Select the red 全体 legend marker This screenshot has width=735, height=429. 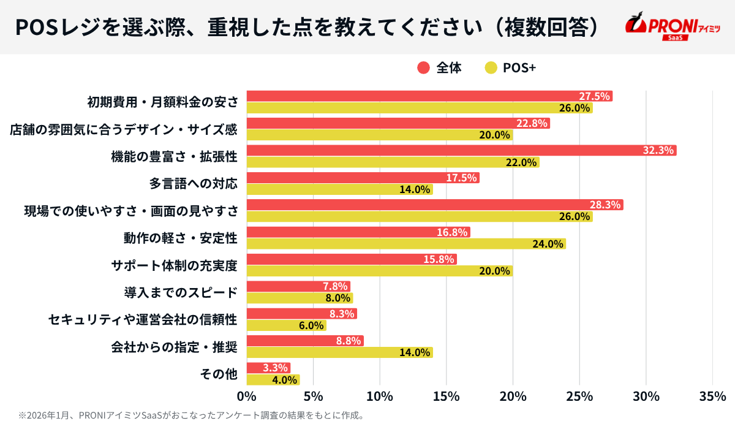(x=423, y=68)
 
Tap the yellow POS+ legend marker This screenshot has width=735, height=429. (x=491, y=68)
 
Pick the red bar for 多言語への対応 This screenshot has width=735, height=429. (x=363, y=178)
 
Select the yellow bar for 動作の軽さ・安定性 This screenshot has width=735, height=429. (x=405, y=244)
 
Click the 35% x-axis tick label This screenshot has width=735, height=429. (x=712, y=397)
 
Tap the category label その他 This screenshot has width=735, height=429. (x=219, y=374)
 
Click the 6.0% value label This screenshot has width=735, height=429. (x=311, y=325)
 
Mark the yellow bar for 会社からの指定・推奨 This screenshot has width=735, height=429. (x=339, y=352)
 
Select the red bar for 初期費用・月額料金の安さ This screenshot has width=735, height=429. (x=429, y=96)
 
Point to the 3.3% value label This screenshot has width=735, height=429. (x=275, y=368)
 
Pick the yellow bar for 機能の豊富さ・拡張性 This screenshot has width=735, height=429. (x=393, y=162)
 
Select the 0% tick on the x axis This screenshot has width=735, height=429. (x=246, y=397)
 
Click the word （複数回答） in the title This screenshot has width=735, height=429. (x=545, y=26)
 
